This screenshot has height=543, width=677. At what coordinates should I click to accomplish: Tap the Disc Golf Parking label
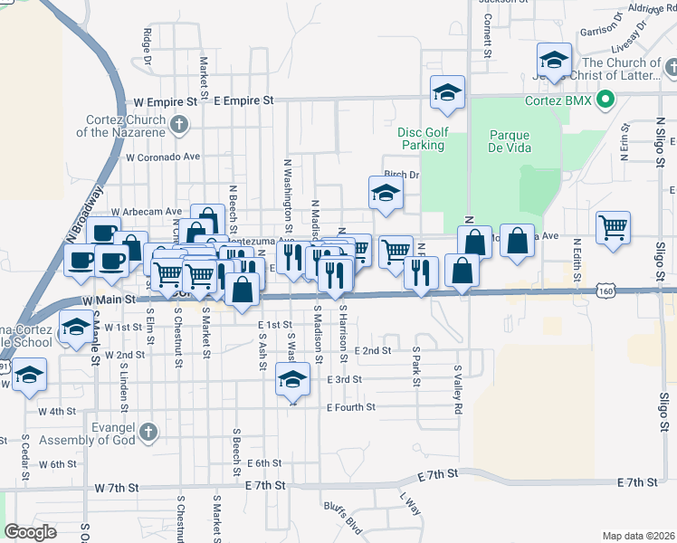tap(423, 138)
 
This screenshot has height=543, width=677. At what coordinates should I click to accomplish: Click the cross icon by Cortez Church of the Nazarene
tap(179, 124)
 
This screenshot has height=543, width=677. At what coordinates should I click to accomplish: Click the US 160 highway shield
tap(606, 291)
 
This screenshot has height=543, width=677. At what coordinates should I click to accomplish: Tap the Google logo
tap(31, 532)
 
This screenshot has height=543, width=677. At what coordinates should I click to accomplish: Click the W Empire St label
tap(165, 102)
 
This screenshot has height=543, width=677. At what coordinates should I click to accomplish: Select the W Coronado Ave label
tap(163, 157)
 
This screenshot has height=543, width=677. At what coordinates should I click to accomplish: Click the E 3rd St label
tap(344, 380)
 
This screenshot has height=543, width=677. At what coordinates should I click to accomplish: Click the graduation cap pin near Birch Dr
tap(386, 193)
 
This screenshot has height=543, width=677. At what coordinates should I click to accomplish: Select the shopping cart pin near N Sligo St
tap(613, 228)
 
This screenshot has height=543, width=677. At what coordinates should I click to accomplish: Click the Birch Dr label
tap(402, 176)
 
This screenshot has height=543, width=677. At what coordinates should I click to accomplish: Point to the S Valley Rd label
tap(459, 391)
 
